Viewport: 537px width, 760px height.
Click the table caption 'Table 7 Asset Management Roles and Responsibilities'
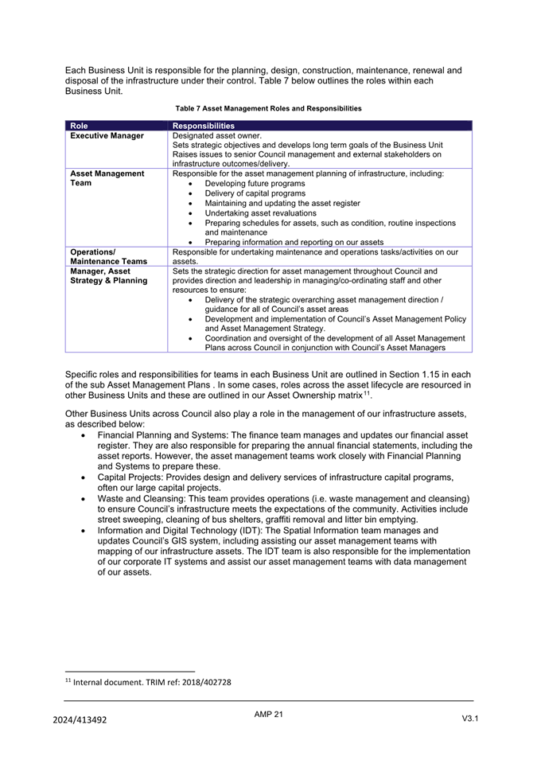click(268, 108)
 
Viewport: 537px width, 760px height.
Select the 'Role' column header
click(79, 126)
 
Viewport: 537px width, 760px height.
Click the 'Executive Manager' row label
click(107, 136)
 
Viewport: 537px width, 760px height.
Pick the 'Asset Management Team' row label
click(107, 178)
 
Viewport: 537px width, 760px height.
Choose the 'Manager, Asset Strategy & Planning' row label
click(109, 275)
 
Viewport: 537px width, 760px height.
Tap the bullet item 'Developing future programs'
click(255, 184)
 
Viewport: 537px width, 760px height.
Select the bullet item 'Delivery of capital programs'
click(255, 193)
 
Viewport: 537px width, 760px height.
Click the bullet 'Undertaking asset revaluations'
click(261, 213)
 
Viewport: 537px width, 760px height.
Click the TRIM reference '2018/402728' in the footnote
click(205, 682)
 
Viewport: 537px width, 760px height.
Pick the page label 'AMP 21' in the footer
click(268, 714)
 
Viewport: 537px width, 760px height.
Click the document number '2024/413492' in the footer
click(80, 719)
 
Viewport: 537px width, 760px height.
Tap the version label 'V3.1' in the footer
click(469, 719)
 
